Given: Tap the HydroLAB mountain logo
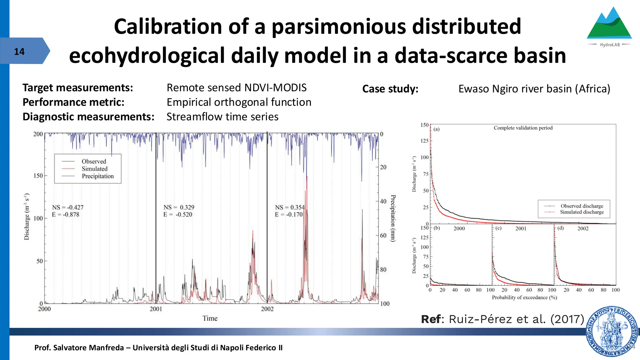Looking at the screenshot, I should coord(609,25).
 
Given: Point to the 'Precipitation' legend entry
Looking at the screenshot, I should coord(97,176).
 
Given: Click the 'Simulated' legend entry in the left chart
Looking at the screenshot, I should coord(94,169).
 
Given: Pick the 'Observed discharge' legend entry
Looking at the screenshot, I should coord(582,206).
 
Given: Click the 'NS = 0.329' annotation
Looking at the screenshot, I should coord(179,207).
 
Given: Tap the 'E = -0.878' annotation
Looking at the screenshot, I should coord(66,215).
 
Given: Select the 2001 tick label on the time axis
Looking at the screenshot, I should coord(156,309).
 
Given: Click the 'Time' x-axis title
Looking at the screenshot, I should coord(210,318).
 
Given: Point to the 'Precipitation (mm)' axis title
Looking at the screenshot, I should coord(393,218).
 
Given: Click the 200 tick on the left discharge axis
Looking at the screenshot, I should coord(38,134).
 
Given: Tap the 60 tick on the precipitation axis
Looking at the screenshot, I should coord(383,236).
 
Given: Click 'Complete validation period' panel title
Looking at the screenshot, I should coord(523,128).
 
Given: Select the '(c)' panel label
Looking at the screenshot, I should coord(498,228).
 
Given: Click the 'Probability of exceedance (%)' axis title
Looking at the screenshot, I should coord(524,297).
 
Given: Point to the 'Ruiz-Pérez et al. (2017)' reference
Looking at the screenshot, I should coord(516,319).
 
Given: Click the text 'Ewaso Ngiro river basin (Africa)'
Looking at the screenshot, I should coord(534,89).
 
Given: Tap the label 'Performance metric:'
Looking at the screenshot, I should coord(73,102).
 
